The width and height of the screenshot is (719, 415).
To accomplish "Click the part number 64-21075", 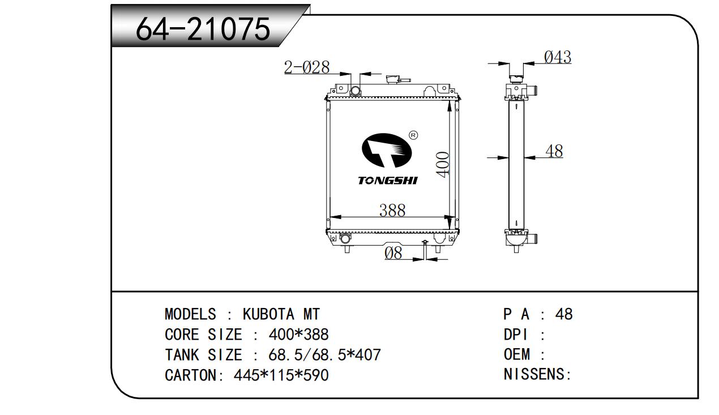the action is coord(203,29).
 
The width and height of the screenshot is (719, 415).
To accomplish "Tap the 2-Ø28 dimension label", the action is coord(307,67).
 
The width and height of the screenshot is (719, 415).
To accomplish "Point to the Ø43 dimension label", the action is coord(558,57).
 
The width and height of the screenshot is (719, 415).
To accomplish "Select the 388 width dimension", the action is coord(392,211).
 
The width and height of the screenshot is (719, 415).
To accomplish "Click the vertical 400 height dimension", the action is coord(443,164).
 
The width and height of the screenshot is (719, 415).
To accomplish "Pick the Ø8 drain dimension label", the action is coord(393,253).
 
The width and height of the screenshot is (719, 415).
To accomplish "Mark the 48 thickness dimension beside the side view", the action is coord(554,151).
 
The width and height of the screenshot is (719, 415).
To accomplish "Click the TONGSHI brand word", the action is coord(388,181).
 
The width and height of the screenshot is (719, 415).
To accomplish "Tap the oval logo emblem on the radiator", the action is coord(387,150).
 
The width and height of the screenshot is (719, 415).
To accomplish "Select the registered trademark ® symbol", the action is coord(413,135).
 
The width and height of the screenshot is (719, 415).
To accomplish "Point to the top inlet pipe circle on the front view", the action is coord(356,91).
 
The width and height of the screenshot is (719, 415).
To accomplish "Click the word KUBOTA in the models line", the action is coord(268,314).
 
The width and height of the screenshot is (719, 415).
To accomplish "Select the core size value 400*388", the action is coord(298,335).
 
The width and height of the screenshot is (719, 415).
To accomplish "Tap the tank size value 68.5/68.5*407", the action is coord(324,354).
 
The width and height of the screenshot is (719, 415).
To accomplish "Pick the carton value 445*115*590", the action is coord(281,375).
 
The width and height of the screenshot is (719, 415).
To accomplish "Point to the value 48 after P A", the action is coord(564,314).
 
